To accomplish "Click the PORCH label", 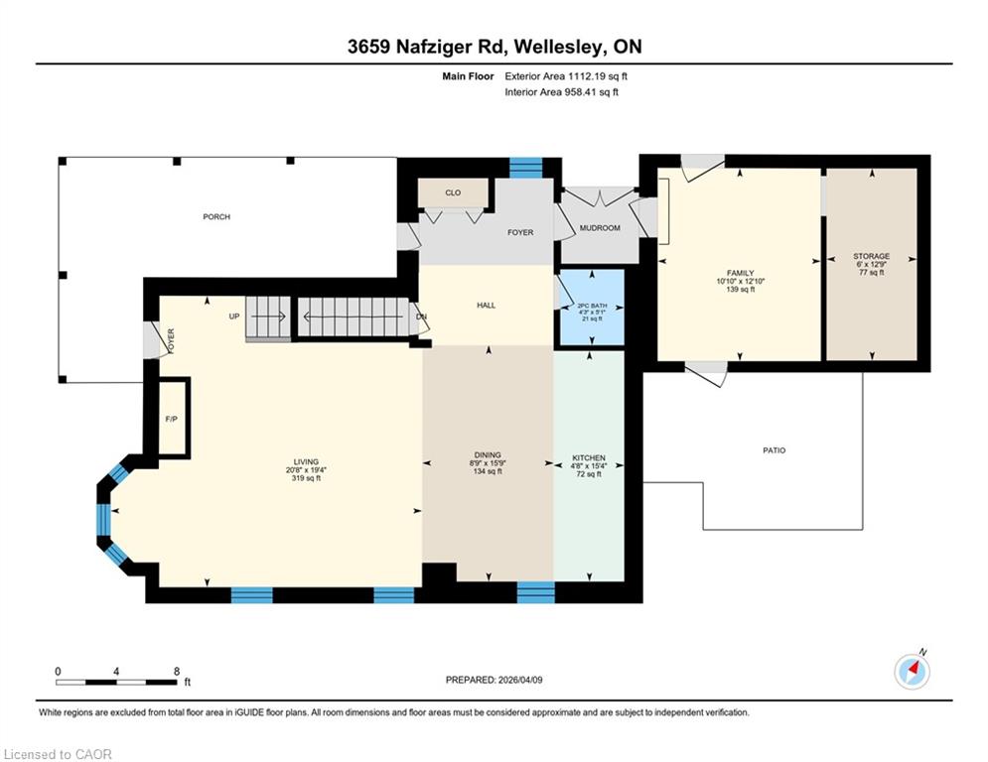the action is [x=216, y=216].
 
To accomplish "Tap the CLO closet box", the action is [x=453, y=192].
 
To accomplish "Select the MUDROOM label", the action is [x=599, y=228].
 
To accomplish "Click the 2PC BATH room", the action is [x=592, y=308].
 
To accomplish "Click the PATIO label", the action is [x=775, y=450].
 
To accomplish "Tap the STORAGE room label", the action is [x=872, y=256].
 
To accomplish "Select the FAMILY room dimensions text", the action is [x=741, y=282].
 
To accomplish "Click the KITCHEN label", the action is [x=589, y=457].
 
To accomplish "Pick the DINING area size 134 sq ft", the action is [x=488, y=471].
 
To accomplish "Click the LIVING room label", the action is [x=306, y=461].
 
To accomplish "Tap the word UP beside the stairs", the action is [x=234, y=317].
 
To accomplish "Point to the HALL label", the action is [x=486, y=306].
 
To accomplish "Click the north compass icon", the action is [x=913, y=671].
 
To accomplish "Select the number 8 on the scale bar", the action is [x=177, y=672].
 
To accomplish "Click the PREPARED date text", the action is [x=494, y=680].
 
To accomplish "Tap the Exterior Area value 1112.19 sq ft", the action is [x=598, y=76].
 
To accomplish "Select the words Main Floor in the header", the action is [x=468, y=76].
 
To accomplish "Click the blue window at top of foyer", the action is [x=525, y=168].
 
